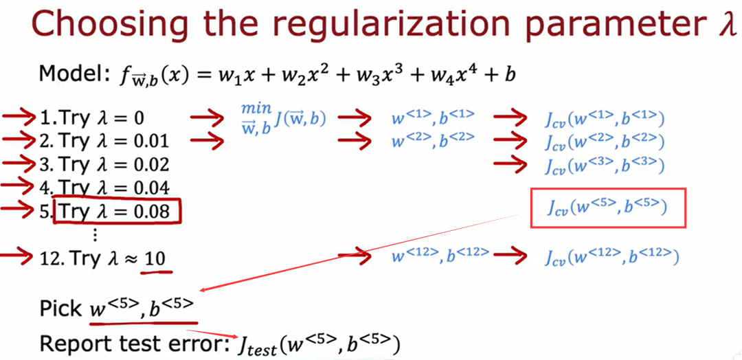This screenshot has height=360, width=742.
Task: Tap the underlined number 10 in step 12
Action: click(156, 258)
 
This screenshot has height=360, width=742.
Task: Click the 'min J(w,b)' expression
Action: click(282, 118)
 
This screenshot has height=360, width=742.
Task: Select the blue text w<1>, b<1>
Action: click(432, 117)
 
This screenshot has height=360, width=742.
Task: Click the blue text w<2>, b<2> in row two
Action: click(432, 142)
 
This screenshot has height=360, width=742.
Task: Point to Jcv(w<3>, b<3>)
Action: click(604, 166)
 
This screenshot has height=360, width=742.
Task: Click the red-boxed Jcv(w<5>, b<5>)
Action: click(607, 207)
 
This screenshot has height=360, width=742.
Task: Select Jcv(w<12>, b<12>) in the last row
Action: click(611, 258)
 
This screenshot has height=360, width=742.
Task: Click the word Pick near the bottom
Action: click(61, 308)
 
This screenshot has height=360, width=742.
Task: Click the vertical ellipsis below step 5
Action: click(95, 234)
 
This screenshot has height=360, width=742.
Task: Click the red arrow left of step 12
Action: click(17, 258)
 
